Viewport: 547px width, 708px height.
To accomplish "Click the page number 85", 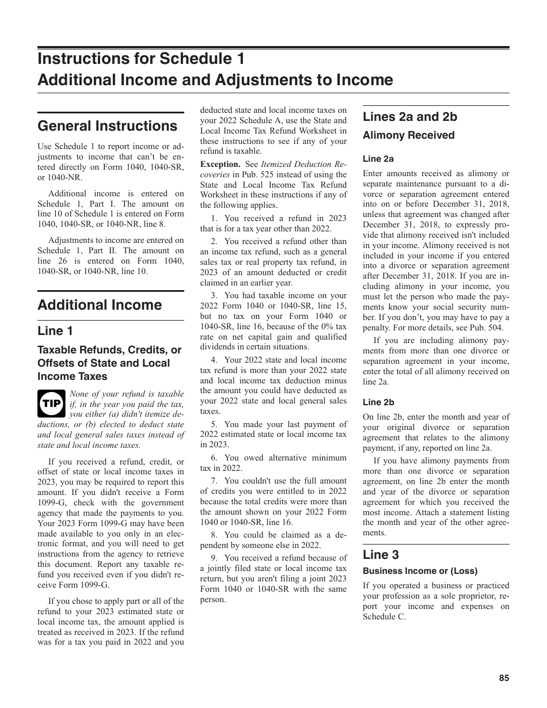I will (504, 678).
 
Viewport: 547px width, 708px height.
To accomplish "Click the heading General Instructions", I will (107, 126).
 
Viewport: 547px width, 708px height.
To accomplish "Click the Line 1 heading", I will (55, 331).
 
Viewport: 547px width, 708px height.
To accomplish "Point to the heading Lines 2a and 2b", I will (409, 117).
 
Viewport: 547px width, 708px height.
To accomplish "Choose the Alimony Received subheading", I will (408, 136).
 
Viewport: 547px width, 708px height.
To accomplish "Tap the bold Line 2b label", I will (378, 402).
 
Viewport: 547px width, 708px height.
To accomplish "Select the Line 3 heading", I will (381, 555).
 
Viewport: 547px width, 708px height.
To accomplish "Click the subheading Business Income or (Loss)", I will (420, 571).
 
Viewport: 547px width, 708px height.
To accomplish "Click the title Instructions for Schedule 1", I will (141, 59).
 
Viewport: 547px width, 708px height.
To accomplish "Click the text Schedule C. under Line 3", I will (384, 616).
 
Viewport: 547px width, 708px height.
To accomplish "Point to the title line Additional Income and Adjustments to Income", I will (215, 80).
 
